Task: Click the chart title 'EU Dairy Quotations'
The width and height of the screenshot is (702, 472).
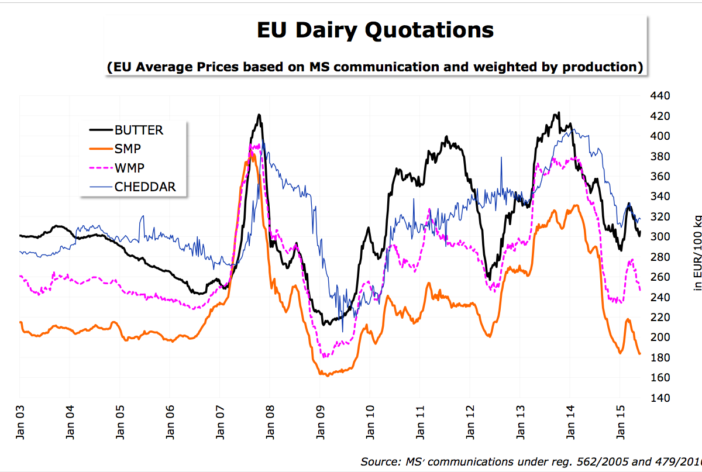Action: pyautogui.click(x=375, y=30)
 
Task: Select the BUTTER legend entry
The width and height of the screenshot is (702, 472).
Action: pyautogui.click(x=139, y=130)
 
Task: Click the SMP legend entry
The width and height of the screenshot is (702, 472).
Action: pyautogui.click(x=128, y=149)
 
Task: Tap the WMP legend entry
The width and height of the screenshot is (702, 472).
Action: pyautogui.click(x=129, y=168)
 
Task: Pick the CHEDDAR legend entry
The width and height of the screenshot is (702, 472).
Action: pyautogui.click(x=145, y=187)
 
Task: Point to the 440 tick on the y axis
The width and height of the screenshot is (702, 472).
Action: pyautogui.click(x=660, y=96)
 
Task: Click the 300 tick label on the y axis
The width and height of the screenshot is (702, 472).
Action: pyautogui.click(x=660, y=237)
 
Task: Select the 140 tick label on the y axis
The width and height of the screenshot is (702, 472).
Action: pyautogui.click(x=660, y=398)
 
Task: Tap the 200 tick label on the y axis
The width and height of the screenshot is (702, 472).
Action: pyautogui.click(x=660, y=337)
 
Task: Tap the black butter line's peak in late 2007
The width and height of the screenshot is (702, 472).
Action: pyautogui.click(x=259, y=115)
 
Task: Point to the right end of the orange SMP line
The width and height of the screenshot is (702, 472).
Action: pyautogui.click(x=640, y=353)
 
